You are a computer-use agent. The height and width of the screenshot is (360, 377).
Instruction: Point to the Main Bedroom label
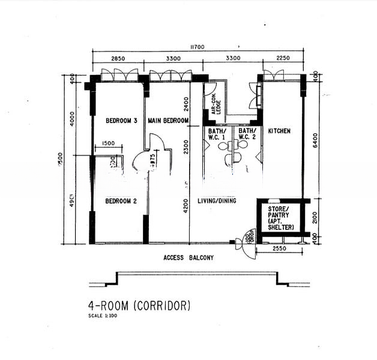[x=169, y=121]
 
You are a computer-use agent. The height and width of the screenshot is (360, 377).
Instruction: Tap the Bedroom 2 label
[x=121, y=201]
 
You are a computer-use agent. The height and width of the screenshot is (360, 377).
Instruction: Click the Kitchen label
[x=279, y=130]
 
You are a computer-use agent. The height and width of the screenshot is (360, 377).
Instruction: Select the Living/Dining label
[x=217, y=201]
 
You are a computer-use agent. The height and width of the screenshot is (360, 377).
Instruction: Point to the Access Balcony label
[x=188, y=258]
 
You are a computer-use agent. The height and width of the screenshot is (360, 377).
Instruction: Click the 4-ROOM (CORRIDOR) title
[x=139, y=305]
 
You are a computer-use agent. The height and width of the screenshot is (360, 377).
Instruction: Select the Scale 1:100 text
[x=103, y=316]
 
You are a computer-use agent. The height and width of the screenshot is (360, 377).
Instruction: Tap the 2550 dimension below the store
[x=280, y=248]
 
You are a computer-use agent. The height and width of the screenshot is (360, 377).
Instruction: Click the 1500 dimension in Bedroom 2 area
[x=108, y=143]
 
